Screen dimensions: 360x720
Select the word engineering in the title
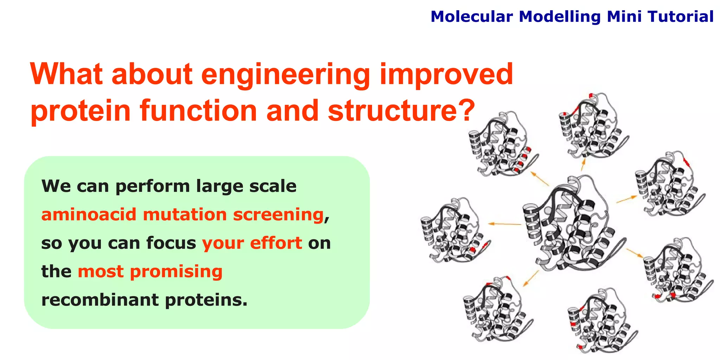click(x=285, y=75)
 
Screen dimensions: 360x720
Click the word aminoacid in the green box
click(x=89, y=214)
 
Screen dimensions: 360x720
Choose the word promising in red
click(x=176, y=272)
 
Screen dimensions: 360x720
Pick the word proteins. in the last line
click(x=206, y=300)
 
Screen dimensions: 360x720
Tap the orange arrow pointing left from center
click(x=504, y=224)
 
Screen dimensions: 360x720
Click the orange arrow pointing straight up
click(x=583, y=164)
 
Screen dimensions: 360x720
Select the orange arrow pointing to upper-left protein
click(x=540, y=179)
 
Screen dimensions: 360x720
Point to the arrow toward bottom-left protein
click(x=531, y=278)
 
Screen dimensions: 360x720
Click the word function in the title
click(x=199, y=110)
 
